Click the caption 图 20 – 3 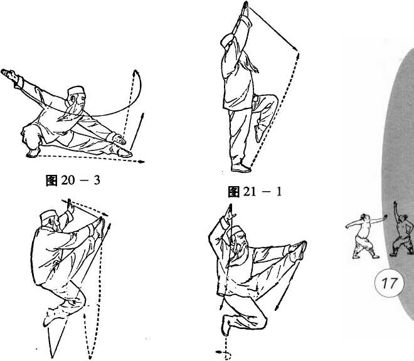tap(73, 180)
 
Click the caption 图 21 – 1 tap(255, 192)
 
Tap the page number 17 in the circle tap(390, 283)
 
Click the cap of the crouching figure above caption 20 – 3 tap(75, 91)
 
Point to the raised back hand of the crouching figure tap(9, 74)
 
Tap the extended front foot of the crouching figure tap(124, 152)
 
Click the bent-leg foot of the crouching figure tap(33, 153)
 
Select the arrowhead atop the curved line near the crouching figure tap(135, 72)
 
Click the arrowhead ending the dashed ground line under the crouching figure tap(141, 162)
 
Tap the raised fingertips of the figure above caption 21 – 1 tap(245, 6)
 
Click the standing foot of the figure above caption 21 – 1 tap(241, 168)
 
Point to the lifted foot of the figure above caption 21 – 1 tap(258, 133)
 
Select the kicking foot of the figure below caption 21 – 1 tap(299, 250)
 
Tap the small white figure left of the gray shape tap(366, 236)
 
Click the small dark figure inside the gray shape tap(402, 229)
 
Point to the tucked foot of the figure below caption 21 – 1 tap(226, 325)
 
